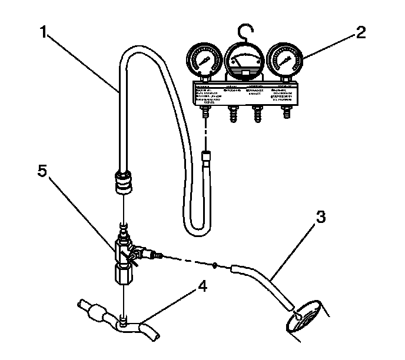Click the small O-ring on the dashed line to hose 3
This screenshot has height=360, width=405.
[x=217, y=264]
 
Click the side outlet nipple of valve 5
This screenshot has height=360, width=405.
[x=155, y=255]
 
